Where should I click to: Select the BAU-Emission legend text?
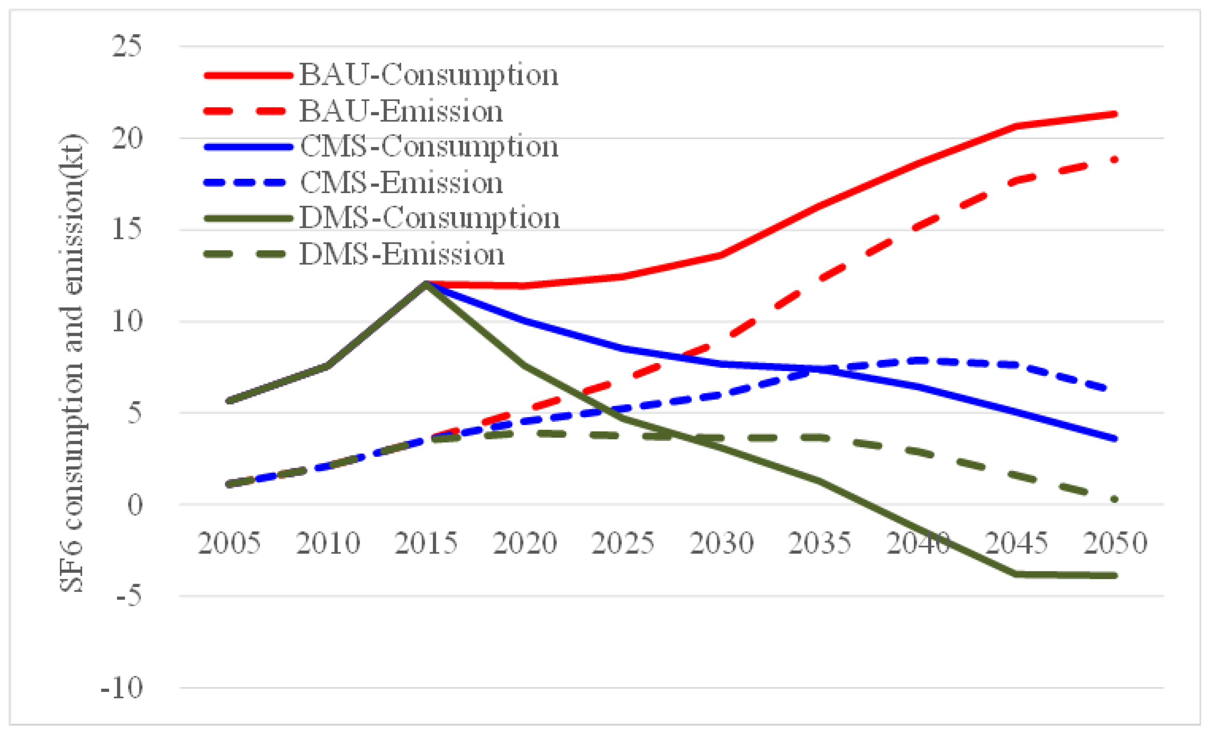coord(401,111)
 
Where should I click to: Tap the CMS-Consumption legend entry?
coord(428,147)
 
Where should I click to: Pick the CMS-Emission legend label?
coord(401,183)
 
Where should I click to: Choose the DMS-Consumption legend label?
coord(430,218)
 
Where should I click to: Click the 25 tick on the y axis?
coord(127,47)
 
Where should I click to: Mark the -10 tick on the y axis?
coord(122,688)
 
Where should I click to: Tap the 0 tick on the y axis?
coord(134,504)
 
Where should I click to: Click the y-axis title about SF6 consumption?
coord(72,363)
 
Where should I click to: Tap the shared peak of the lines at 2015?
coord(426,284)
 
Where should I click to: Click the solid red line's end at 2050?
coord(1115,114)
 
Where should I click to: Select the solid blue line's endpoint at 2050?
coord(1115,439)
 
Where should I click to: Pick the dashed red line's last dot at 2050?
coord(1115,160)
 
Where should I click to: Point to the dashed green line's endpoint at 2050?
coord(1115,500)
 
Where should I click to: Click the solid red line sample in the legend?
coord(248,75)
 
